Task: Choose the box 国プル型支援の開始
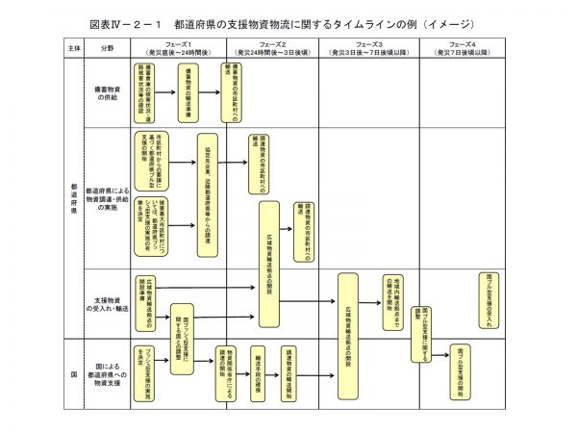461,369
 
